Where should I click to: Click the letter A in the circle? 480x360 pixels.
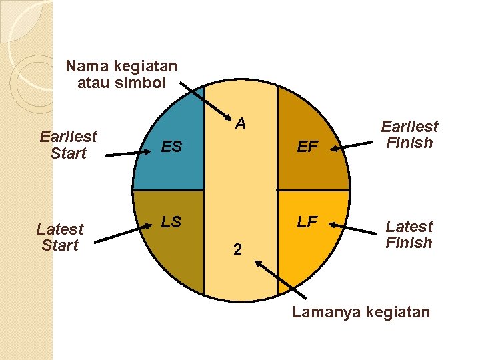pyautogui.click(x=241, y=123)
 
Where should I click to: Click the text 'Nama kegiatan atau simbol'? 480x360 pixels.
pyautogui.click(x=121, y=75)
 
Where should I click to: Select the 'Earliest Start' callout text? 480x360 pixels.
pyautogui.click(x=68, y=145)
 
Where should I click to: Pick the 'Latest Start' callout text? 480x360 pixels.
pyautogui.click(x=60, y=237)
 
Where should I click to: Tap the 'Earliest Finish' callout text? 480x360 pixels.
pyautogui.click(x=409, y=135)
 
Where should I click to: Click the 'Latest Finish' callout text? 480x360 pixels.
pyautogui.click(x=409, y=234)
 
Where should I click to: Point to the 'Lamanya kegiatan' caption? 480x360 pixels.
pyautogui.click(x=361, y=312)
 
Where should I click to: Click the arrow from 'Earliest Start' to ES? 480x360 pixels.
pyautogui.click(x=131, y=153)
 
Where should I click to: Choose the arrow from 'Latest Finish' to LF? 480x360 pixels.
pyautogui.click(x=354, y=228)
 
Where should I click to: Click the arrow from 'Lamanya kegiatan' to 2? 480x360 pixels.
pyautogui.click(x=281, y=279)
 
